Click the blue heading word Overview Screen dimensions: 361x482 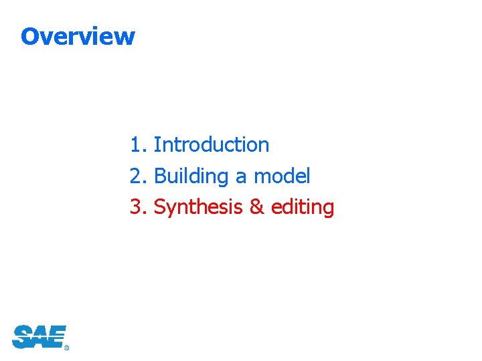(x=78, y=36)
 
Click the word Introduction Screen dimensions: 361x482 (x=212, y=144)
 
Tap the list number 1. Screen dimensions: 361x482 (x=136, y=144)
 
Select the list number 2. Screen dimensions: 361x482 (x=136, y=176)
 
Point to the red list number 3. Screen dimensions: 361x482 (x=136, y=207)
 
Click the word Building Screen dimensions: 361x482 (x=191, y=176)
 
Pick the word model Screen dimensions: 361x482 (x=282, y=176)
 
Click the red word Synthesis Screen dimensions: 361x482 (x=198, y=208)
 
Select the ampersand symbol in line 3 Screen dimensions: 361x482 (x=256, y=207)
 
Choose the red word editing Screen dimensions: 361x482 (x=303, y=208)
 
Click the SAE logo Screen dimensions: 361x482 (x=39, y=336)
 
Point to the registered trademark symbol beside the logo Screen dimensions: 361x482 (x=66, y=348)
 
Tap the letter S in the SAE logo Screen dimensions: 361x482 (x=22, y=336)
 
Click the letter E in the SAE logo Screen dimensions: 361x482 (x=56, y=336)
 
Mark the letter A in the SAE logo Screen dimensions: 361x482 (x=39, y=336)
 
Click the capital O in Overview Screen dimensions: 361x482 (x=29, y=36)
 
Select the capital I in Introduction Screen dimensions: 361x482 (x=157, y=144)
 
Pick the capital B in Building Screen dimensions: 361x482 (x=160, y=176)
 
